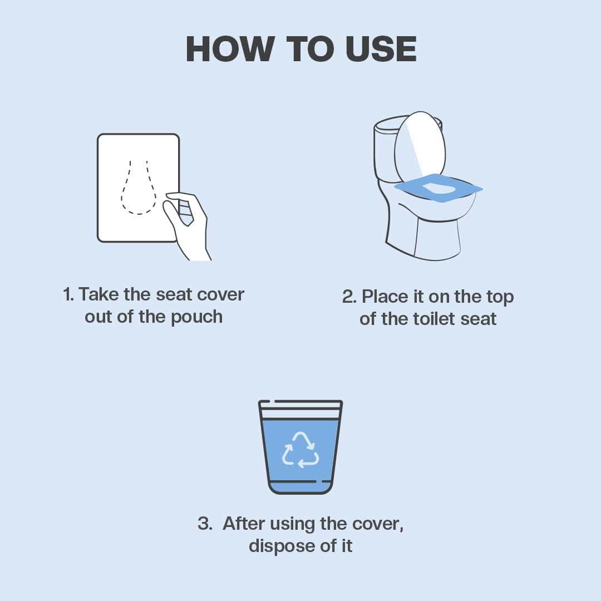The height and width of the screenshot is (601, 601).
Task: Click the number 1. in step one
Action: [x=68, y=294]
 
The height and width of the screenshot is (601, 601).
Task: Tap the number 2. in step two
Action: [x=349, y=297]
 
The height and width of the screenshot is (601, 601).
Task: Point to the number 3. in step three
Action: [x=205, y=524]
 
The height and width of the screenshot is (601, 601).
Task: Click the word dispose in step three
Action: [x=276, y=546]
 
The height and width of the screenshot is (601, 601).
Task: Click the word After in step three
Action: [x=244, y=524]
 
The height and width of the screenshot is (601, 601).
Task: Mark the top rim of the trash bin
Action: [x=300, y=402]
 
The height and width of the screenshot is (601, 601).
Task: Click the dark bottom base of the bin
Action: [x=300, y=488]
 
